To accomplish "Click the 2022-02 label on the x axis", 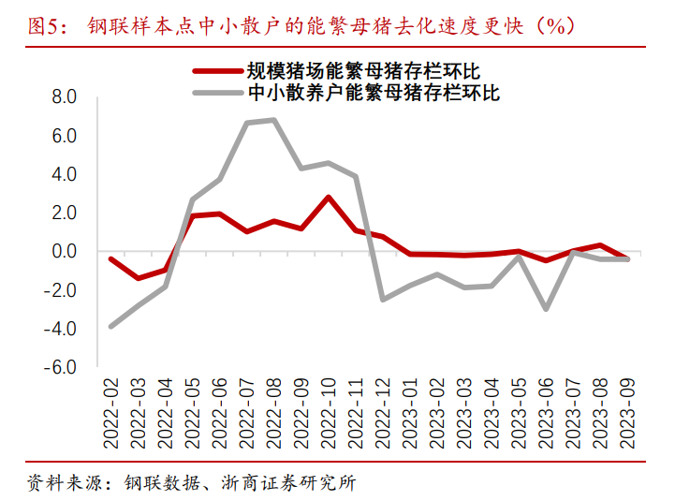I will tap(112, 412).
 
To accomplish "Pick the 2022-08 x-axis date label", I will tap(273, 412).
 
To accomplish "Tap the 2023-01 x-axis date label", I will tap(409, 412).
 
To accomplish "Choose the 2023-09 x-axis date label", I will tap(626, 412).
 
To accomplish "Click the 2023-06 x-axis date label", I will tap(545, 412).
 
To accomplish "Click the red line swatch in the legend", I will tap(215, 70).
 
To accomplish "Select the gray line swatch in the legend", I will tap(215, 92).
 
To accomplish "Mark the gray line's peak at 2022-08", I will tap(273, 119).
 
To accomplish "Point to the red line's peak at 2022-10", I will tap(328, 197).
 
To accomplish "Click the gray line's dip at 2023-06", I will tap(545, 309).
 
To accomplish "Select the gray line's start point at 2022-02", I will tap(111, 327).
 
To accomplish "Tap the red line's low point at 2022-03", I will tap(139, 278).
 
